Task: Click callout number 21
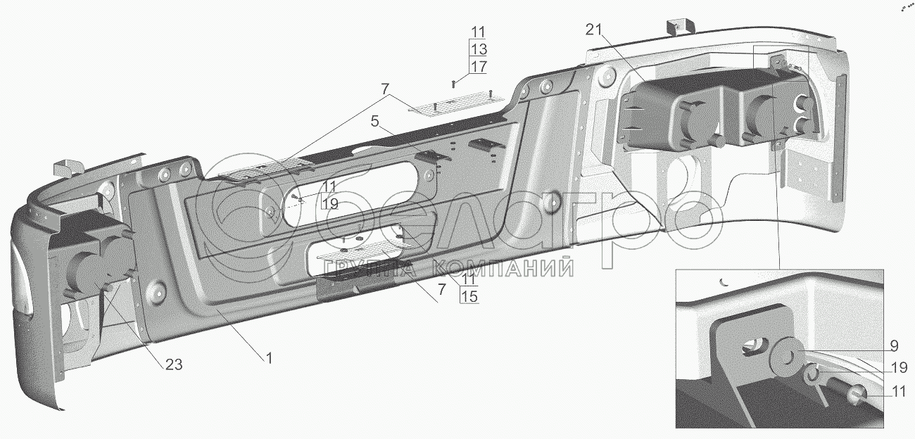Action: point(595,30)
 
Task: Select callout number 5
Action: point(375,121)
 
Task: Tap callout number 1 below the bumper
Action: point(269,358)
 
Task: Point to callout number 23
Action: point(174,364)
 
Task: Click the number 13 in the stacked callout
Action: point(479,49)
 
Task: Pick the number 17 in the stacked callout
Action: point(479,66)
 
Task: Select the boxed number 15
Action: point(469,296)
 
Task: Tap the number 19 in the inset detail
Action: point(899,368)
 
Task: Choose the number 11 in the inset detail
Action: point(899,392)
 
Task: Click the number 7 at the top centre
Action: point(385,89)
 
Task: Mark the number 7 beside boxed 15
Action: point(441,290)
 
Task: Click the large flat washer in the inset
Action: point(784,352)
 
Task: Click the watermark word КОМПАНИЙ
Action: point(503,268)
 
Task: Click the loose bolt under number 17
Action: point(453,84)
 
